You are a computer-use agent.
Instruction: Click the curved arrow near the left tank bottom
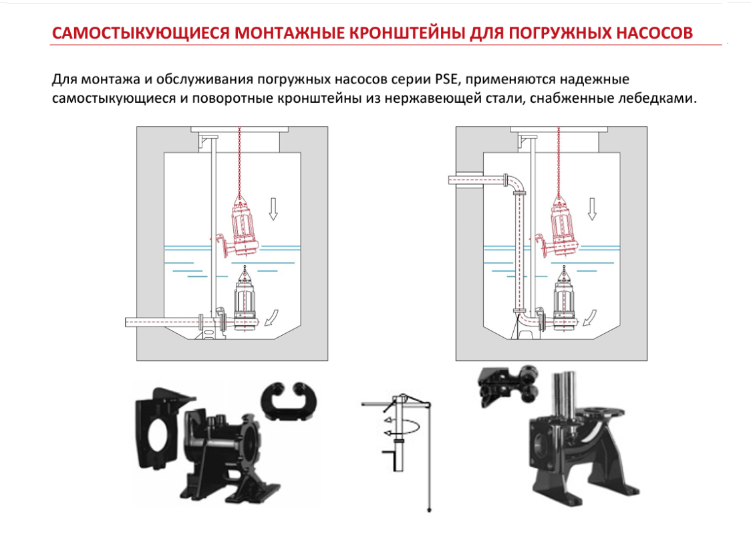[271, 318]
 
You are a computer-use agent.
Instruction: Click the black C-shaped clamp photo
[285, 400]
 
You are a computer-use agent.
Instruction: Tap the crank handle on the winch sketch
[388, 455]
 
